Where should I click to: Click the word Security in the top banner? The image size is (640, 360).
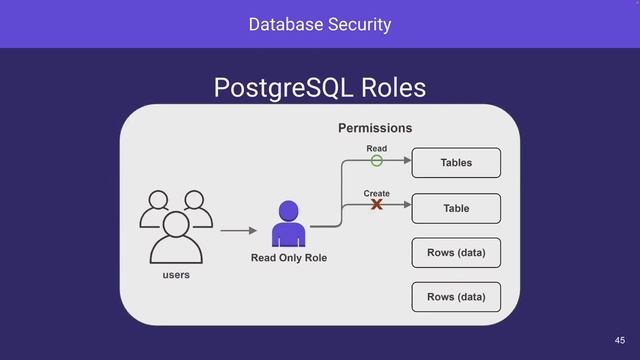click(x=358, y=23)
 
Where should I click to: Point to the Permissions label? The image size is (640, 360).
click(x=375, y=128)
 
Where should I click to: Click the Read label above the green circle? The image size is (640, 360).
click(x=376, y=148)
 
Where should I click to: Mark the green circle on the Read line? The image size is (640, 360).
click(x=377, y=161)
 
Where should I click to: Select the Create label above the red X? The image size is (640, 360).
click(x=377, y=193)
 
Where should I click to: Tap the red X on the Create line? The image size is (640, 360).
click(x=377, y=205)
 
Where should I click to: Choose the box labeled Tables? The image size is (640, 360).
click(x=456, y=162)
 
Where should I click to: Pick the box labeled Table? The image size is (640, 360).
click(x=456, y=208)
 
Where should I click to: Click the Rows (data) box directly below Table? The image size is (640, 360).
click(x=456, y=252)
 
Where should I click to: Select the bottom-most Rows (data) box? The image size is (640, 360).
click(x=456, y=297)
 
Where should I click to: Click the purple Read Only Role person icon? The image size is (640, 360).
click(x=288, y=224)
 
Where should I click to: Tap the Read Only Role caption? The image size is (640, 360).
click(x=288, y=259)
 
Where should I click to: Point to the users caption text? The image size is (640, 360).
click(x=176, y=274)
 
